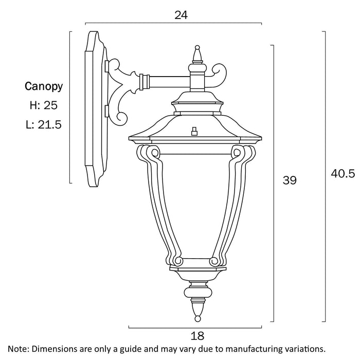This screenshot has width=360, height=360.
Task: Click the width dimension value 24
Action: [x=181, y=15]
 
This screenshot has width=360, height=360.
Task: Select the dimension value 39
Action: [x=290, y=180]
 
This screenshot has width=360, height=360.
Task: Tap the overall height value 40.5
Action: [x=343, y=174]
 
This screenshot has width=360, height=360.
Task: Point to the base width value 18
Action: [x=197, y=336]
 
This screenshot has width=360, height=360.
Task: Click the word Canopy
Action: [x=44, y=86]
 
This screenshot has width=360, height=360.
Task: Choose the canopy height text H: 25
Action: [x=43, y=105]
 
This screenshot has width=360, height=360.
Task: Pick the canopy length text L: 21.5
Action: [x=43, y=124]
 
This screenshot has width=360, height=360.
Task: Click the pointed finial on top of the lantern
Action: [x=196, y=53]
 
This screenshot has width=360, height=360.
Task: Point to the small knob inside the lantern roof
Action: [x=194, y=131]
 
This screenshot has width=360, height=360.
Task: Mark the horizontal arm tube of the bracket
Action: [x=167, y=82]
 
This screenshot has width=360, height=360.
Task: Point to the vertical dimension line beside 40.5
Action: [x=324, y=175]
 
